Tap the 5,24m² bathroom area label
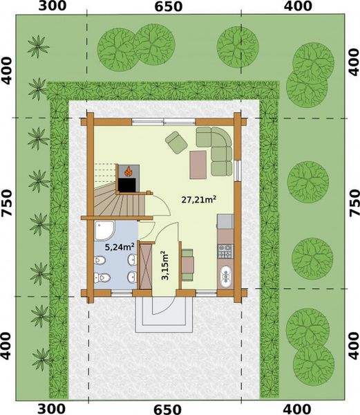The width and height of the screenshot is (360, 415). [x=118, y=246]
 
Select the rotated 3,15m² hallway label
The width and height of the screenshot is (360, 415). [x=164, y=266]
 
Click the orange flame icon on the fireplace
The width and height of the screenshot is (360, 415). [x=128, y=169]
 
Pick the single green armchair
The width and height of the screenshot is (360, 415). [x=176, y=142]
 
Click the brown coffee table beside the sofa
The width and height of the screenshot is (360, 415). [x=198, y=163]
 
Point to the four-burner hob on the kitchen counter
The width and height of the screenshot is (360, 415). [x=225, y=253]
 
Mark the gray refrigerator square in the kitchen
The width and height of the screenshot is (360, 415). [x=225, y=221]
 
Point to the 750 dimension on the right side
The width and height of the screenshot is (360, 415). [x=354, y=203]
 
